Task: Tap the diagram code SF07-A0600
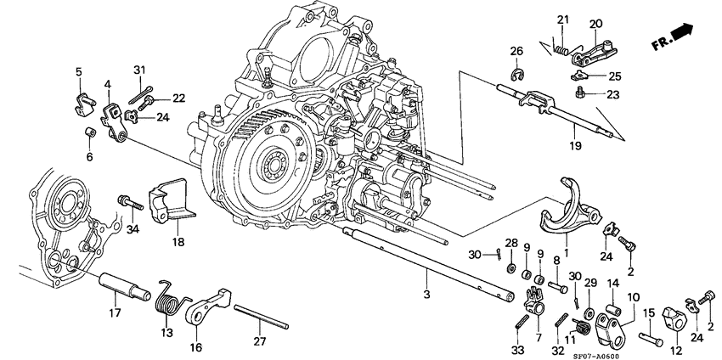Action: click(666, 353)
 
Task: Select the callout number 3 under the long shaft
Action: click(426, 293)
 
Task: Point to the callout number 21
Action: click(561, 20)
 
